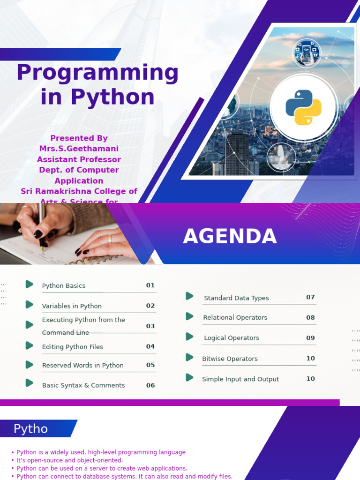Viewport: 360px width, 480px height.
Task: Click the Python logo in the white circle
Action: (x=303, y=107)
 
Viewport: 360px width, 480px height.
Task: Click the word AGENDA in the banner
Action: (x=230, y=237)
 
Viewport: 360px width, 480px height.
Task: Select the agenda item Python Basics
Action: (x=64, y=285)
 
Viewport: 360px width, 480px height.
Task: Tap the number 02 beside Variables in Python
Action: (x=150, y=306)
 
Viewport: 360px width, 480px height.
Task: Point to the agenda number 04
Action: (x=150, y=346)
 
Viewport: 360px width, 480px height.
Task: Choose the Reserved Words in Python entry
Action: (x=82, y=365)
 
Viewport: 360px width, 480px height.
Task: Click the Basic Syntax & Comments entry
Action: (x=83, y=385)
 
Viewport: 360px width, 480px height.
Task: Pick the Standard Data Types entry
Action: (x=236, y=298)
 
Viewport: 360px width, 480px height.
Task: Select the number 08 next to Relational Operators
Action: (x=310, y=317)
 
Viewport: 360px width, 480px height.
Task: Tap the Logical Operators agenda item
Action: (x=231, y=337)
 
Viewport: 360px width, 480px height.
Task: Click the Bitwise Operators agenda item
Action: (x=230, y=359)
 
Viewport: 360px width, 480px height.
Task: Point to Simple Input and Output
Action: (x=240, y=379)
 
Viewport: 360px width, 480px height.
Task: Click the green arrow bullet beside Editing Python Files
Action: (x=30, y=345)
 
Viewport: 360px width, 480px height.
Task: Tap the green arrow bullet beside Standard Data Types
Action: (x=189, y=296)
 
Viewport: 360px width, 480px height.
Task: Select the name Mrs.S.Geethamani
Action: (x=79, y=149)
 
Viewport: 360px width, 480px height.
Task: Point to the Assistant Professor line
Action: (x=79, y=159)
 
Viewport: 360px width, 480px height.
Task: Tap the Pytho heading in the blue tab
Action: (x=30, y=429)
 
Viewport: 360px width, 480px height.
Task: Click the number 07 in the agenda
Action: (x=310, y=297)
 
